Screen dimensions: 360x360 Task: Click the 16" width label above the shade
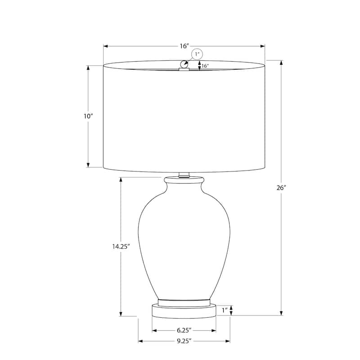pos(184,46)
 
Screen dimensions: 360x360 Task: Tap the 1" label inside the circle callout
pos(197,54)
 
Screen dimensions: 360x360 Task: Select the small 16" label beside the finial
pos(205,66)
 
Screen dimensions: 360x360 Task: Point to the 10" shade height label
pos(88,116)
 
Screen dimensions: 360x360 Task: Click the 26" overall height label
pos(282,188)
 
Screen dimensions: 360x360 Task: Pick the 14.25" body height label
pos(121,246)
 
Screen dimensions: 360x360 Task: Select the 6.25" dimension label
pos(184,330)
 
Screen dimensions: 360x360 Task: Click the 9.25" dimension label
pos(184,341)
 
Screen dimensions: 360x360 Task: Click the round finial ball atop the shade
pos(184,65)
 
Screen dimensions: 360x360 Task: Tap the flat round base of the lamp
pos(184,311)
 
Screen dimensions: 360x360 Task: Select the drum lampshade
pos(184,117)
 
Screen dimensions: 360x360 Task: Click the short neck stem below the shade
pos(184,174)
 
